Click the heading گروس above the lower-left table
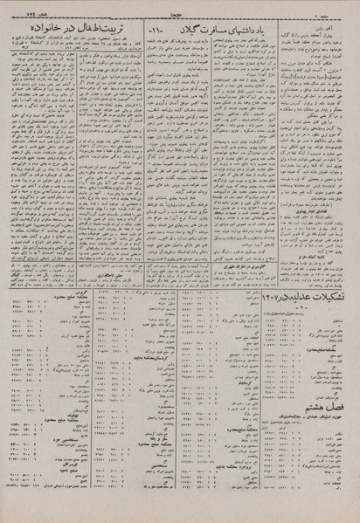tap(78, 325)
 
